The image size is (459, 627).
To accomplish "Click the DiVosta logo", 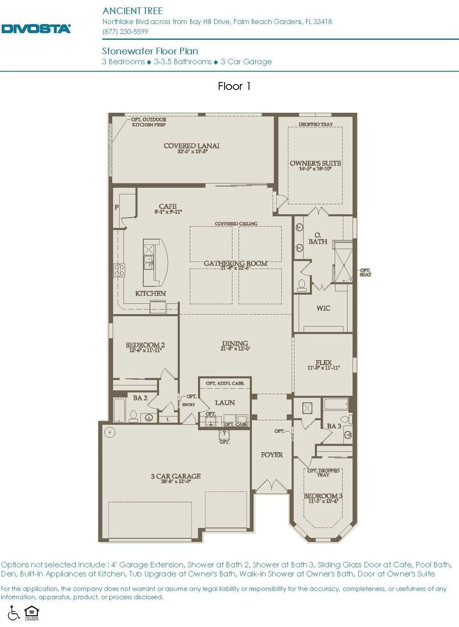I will [36, 29].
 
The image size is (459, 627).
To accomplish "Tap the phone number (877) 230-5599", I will [125, 31].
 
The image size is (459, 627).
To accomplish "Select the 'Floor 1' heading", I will [234, 86].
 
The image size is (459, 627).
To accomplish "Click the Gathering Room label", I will [235, 264].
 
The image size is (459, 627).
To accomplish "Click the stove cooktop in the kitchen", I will [119, 270].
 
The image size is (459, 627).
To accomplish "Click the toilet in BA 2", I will [133, 416].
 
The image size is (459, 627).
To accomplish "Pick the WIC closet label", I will [323, 308].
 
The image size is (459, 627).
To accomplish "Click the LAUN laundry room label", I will [225, 402].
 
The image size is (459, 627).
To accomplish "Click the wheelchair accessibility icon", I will [14, 613].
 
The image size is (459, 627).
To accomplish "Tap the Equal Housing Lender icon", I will [31, 613].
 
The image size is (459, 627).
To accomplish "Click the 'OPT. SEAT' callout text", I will [365, 272].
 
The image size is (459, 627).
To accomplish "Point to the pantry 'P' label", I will [117, 207].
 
